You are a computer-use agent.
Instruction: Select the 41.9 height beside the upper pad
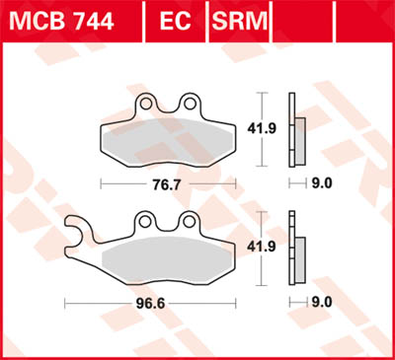pos(262,128)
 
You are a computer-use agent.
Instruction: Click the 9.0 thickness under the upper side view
pos(322,182)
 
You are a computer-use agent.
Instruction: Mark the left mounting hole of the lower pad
pos(144,221)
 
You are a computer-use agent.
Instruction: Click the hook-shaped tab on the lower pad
pos(79,237)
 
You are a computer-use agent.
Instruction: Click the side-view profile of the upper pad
pos(295,130)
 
